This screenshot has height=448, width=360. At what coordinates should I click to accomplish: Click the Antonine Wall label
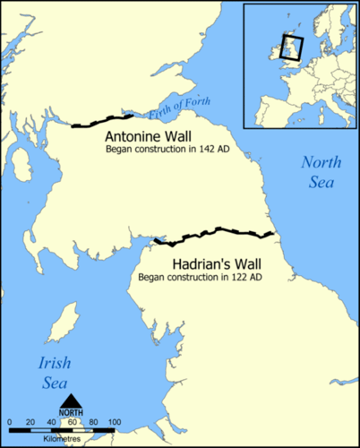coord(148,136)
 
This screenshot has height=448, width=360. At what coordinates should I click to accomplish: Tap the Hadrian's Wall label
coord(217,264)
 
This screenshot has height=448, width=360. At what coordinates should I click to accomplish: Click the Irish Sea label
coord(55,373)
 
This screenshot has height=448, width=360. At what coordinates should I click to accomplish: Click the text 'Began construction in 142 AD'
coord(167,149)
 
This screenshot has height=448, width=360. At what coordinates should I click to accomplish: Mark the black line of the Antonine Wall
coord(101,122)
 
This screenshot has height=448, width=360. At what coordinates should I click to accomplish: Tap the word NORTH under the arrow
coord(71,413)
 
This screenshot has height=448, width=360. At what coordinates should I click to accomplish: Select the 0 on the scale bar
coord(9,422)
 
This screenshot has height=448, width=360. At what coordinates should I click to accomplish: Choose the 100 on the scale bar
coord(114,422)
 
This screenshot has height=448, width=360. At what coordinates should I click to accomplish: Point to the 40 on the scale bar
coord(51,422)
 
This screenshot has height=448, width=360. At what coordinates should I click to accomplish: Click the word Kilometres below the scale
coord(62,439)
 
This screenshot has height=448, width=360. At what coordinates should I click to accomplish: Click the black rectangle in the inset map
coord(292,47)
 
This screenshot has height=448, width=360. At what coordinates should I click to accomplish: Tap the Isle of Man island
coord(64,323)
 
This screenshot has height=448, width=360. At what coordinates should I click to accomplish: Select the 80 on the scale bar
coord(93,422)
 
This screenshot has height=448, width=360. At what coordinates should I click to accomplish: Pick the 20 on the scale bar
coord(30,422)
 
